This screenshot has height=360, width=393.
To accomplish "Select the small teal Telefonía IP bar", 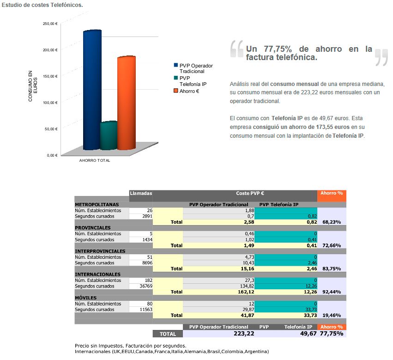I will coord(108,136).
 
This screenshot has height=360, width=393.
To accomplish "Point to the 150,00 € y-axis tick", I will coord(50,76).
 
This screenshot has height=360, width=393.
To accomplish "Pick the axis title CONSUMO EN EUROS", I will coord(33,86).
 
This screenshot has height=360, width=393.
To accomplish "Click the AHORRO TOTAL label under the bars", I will coord(95,161).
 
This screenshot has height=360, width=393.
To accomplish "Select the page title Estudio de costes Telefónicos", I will coord(42,5).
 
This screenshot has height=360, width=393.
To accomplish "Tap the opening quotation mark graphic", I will coord(236,49).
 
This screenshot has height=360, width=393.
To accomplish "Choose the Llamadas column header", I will coord(141,193).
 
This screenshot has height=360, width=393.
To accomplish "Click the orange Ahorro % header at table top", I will coord(332,193).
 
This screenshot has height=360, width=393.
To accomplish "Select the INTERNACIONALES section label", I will coord(98,275).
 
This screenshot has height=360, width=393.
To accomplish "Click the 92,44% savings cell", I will coord(332,292).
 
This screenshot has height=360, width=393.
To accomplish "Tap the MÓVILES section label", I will coord(86,298).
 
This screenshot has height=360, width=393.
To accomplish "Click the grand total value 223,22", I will coord(243,334).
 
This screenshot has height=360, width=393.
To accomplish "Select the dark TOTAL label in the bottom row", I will coord(168,334).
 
